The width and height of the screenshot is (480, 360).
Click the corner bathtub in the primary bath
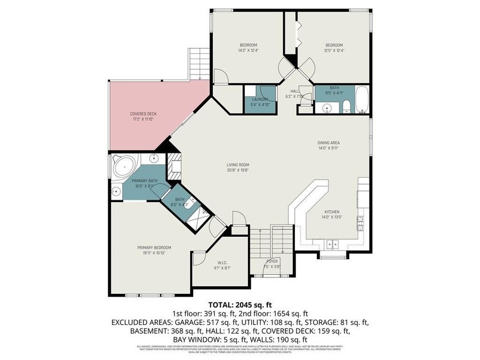[123, 167]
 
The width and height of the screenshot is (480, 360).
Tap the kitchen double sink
[333, 245]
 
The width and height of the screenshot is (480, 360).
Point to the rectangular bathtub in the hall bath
[362, 100]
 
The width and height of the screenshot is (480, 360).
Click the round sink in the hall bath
[325, 108]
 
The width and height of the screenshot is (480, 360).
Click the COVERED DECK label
[143, 114]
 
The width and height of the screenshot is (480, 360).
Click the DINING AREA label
[329, 142]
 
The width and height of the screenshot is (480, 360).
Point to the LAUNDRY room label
[260, 99]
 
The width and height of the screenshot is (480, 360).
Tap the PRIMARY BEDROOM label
[154, 247]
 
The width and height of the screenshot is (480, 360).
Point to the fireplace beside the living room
[174, 167]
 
